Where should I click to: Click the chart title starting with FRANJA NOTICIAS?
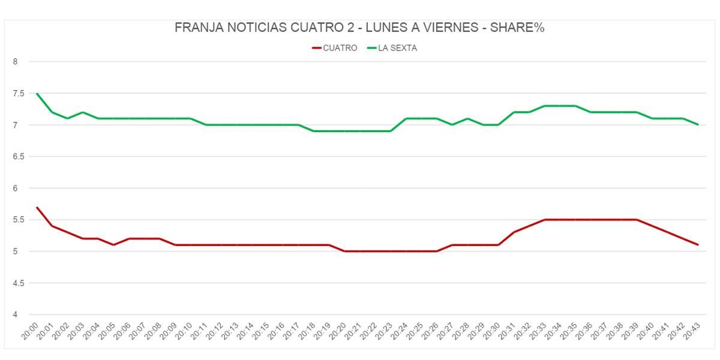click(359, 28)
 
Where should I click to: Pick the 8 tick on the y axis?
click(16, 62)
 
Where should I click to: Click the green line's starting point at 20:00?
click(37, 94)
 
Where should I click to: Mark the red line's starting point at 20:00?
click(37, 207)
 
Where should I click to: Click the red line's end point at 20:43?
click(698, 245)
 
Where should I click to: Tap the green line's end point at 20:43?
click(698, 125)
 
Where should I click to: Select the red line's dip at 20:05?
click(113, 245)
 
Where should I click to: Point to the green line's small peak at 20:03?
click(83, 112)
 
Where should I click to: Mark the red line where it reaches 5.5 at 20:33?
click(544, 220)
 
